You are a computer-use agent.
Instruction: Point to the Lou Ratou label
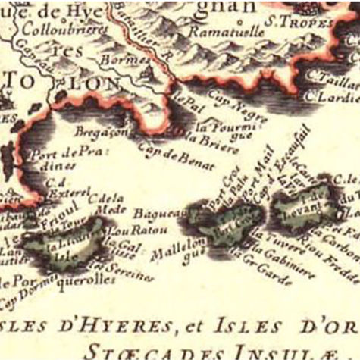126,230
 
